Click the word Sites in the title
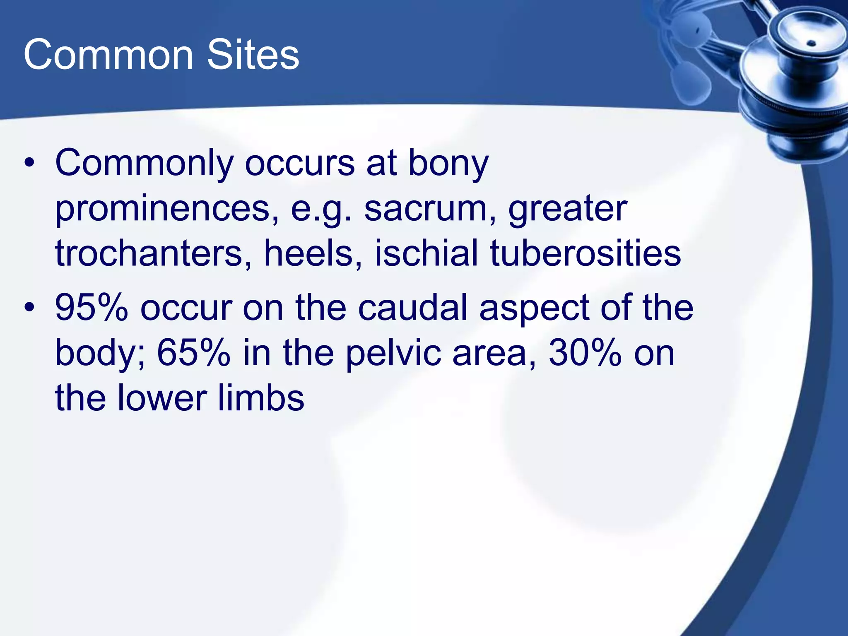point(253,55)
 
